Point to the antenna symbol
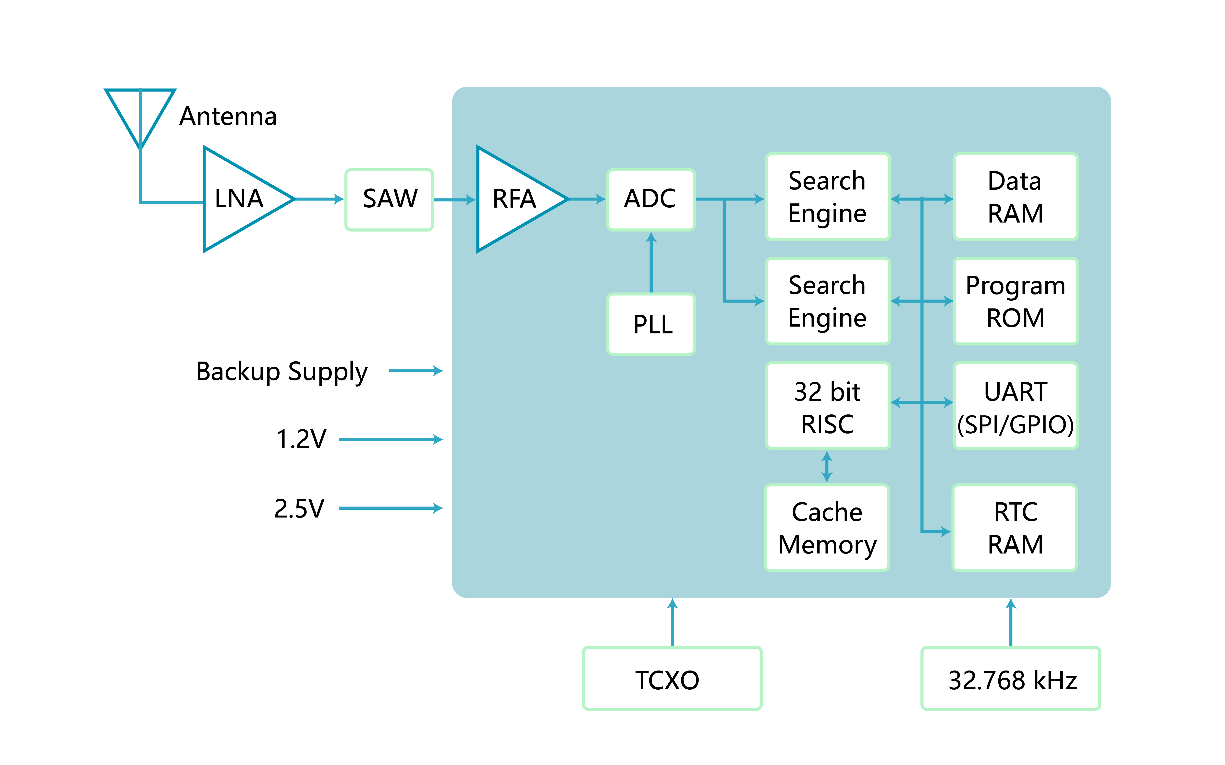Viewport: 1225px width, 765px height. pos(140,119)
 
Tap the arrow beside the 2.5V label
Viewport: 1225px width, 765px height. pos(391,508)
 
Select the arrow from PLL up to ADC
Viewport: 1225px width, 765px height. pos(651,262)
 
